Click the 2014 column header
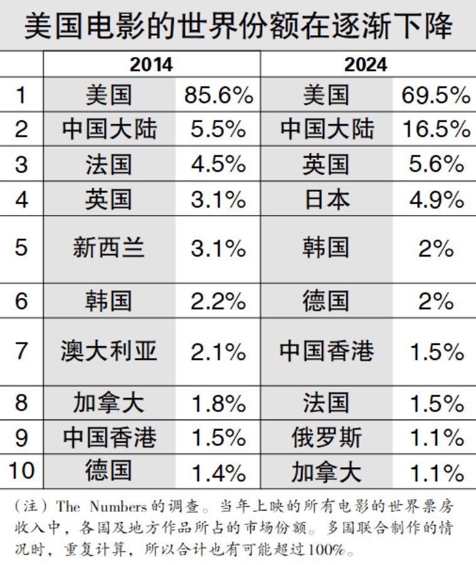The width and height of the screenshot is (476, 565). click(151, 65)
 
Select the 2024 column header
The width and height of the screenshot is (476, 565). click(365, 65)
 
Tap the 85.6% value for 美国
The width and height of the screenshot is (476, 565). click(218, 95)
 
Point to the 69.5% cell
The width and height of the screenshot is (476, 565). click(435, 95)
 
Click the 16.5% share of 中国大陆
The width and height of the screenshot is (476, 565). click(435, 129)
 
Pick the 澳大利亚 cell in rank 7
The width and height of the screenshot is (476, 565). click(108, 351)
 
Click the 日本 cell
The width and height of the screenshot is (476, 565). click(325, 199)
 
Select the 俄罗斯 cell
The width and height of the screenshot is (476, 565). click(325, 437)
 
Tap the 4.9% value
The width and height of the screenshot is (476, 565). click(435, 199)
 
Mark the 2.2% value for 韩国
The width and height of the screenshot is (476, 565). click(218, 301)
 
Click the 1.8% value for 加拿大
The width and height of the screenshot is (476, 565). click(218, 403)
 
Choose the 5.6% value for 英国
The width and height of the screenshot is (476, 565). click(435, 164)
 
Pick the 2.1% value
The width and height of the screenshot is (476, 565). click(218, 351)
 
